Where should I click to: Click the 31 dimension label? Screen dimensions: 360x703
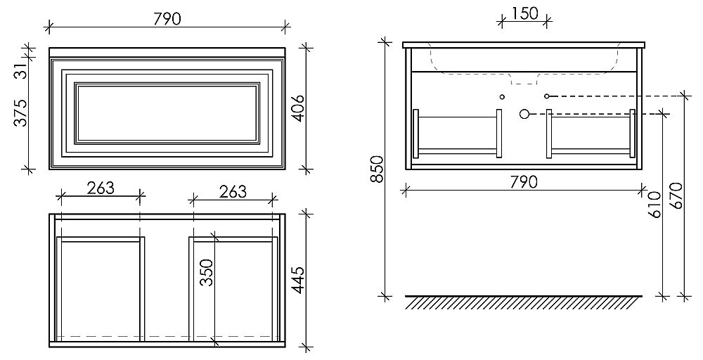(x=21, y=70)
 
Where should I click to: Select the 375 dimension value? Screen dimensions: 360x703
(x=21, y=113)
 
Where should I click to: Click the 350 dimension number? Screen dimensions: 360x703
(x=207, y=271)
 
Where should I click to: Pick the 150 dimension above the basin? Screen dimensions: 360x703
(x=524, y=13)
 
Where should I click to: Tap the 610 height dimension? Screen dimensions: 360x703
(x=656, y=204)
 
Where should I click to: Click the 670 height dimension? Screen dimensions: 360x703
(x=677, y=196)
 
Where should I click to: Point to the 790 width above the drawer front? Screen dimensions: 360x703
(x=166, y=19)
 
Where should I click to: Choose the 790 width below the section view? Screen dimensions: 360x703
(x=523, y=182)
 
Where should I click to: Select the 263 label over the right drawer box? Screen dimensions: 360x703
(x=233, y=191)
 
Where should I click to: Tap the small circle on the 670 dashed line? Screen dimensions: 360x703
(x=546, y=96)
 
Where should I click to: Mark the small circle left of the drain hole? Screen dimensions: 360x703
(x=502, y=96)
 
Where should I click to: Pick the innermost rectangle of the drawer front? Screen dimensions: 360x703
(x=166, y=113)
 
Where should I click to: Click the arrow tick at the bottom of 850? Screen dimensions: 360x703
(x=385, y=296)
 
